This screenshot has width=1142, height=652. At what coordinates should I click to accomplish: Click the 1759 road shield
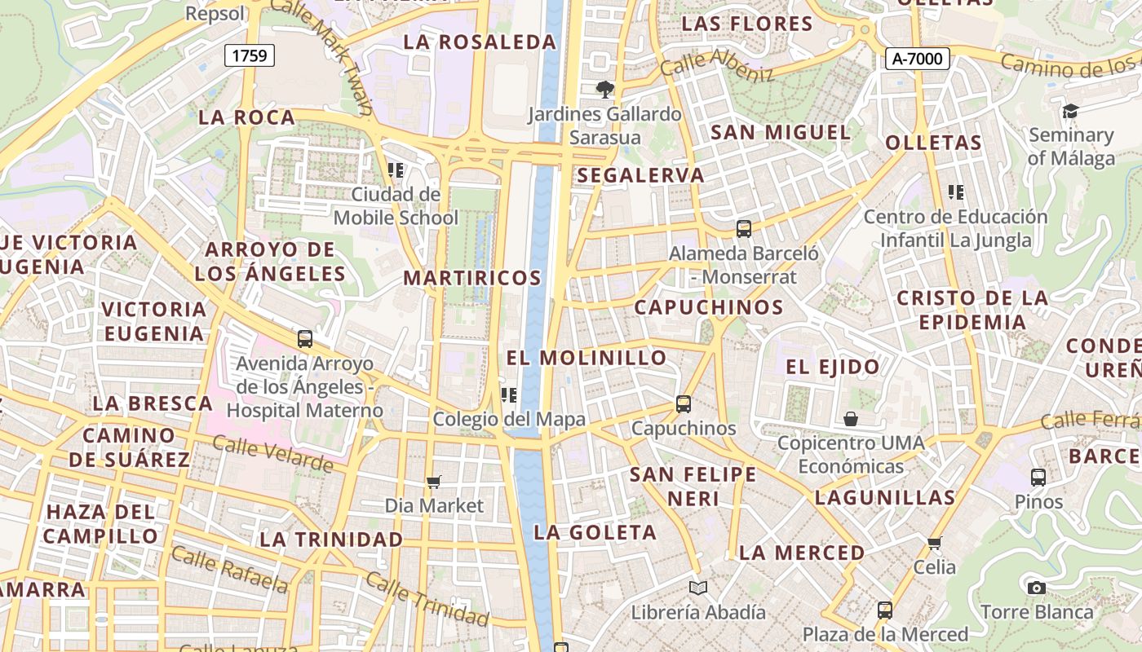coord(250,55)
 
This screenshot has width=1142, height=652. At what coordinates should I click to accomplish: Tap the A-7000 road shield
coord(918,59)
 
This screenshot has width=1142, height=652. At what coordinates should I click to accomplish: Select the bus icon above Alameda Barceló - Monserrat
coord(744,229)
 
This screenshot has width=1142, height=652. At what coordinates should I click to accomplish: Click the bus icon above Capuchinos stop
coord(684,403)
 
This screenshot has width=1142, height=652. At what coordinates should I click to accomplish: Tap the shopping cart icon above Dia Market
coord(434,482)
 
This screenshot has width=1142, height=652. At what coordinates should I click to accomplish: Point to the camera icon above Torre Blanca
coord(1036,588)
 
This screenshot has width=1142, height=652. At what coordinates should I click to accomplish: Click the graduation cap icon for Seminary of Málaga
coord(1070,111)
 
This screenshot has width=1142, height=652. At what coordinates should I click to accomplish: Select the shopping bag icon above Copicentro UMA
coord(851,419)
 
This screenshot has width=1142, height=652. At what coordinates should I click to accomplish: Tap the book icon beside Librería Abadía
coord(697,588)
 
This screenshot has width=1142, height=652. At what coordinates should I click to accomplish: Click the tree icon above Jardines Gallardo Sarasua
coord(604,90)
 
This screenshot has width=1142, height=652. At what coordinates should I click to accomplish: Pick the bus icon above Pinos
coord(1038,477)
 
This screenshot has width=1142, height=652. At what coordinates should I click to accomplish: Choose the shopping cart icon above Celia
coord(935,542)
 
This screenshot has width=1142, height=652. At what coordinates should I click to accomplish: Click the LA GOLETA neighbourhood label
coord(595,533)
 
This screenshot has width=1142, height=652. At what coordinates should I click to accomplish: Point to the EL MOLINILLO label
coord(586,358)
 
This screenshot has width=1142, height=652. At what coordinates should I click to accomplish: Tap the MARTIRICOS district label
coord(472,278)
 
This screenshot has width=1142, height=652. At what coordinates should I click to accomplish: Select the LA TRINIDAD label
coord(331,540)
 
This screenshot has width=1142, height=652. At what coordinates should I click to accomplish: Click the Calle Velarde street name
coord(272,454)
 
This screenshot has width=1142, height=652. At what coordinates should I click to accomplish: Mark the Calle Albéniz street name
coord(717,65)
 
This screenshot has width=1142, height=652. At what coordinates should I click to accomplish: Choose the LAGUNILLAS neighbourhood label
coord(885,497)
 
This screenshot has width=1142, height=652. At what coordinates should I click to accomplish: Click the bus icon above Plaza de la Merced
coord(885,610)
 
